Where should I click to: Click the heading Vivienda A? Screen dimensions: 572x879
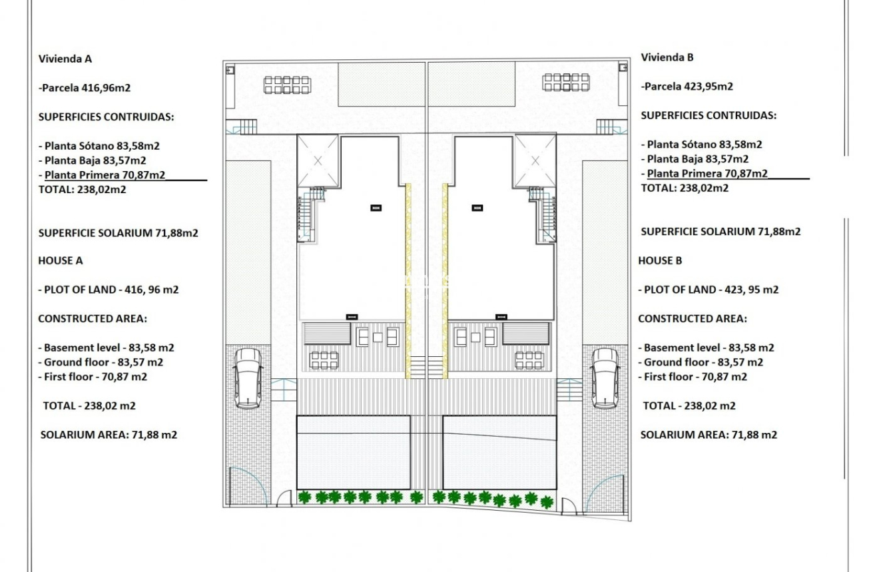point(65,59)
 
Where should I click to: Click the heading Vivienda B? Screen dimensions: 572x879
point(667,57)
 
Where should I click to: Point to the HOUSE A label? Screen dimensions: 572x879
point(61,260)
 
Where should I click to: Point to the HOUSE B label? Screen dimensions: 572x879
point(660,260)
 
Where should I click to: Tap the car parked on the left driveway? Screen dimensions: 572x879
point(248,378)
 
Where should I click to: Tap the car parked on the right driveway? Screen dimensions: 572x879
point(605,378)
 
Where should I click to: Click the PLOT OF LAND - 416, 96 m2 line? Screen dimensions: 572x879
point(109,290)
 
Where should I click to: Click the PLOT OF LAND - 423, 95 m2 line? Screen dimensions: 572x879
point(709,290)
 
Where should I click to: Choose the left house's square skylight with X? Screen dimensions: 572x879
point(318,160)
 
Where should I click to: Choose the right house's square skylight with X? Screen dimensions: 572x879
point(535,160)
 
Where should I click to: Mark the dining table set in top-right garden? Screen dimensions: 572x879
point(566,82)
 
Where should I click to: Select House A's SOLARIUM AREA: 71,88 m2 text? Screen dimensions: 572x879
point(109,435)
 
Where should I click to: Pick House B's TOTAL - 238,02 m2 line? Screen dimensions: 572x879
point(689,406)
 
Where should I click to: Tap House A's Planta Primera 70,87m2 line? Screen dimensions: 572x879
point(105,174)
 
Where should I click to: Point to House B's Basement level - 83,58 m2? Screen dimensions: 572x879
point(707,348)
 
